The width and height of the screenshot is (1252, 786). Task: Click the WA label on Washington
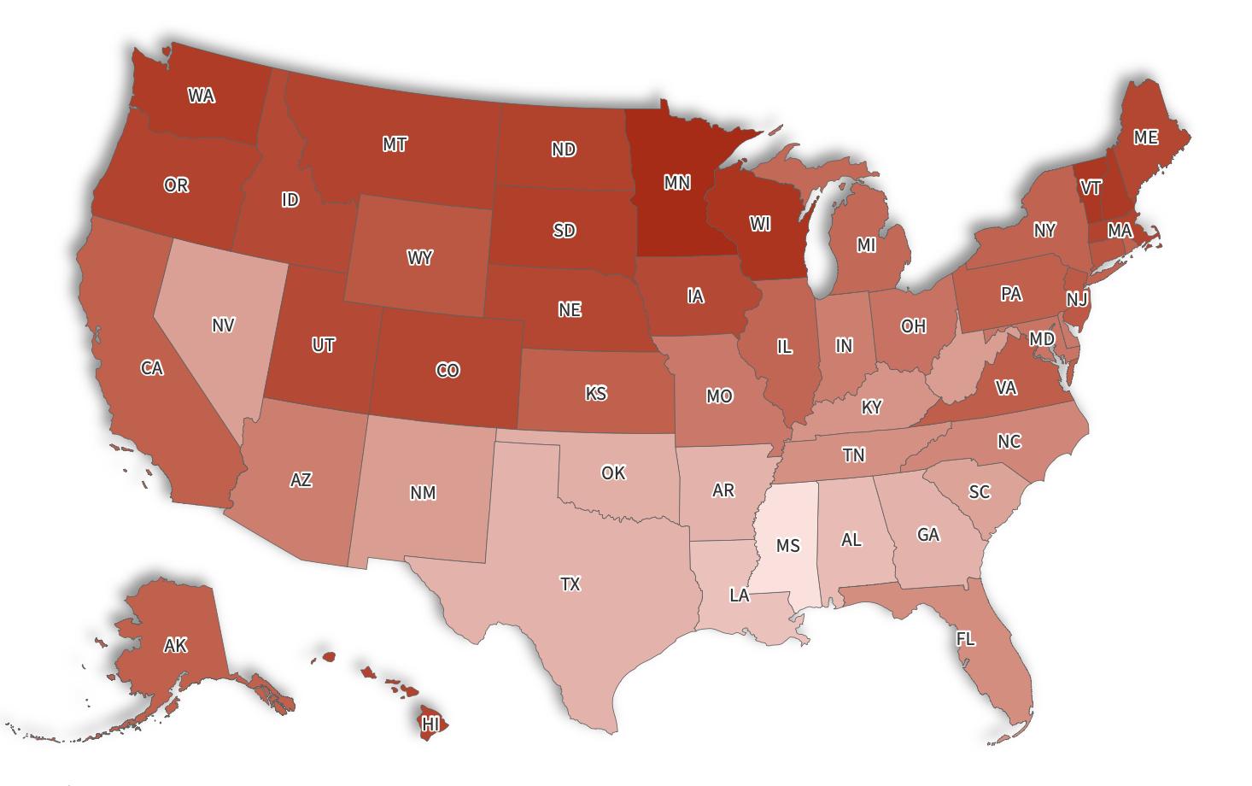point(201,96)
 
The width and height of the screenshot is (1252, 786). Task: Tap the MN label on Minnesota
point(676,182)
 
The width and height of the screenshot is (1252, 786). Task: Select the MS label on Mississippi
point(787,545)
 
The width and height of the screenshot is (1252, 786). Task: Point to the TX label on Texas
point(570,584)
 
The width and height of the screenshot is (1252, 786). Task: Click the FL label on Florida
point(965,639)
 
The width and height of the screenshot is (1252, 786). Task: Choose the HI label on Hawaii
point(430,724)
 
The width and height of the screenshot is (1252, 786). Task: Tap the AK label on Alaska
point(175,645)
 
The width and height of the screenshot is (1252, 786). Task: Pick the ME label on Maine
point(1145,137)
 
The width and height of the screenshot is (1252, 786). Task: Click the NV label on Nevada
point(223,325)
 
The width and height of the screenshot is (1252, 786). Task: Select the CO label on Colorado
point(448,370)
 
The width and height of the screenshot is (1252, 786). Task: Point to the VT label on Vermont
point(1090,187)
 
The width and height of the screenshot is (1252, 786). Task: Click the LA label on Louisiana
point(740,595)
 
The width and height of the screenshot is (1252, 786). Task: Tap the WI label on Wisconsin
point(760,224)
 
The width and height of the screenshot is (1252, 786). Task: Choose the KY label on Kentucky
point(871,407)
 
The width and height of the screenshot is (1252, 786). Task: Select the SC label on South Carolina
point(979,491)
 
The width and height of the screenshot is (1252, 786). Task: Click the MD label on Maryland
point(1041,339)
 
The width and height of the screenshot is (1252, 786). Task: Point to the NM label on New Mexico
point(423,492)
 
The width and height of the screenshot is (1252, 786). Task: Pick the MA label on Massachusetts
point(1120,231)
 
